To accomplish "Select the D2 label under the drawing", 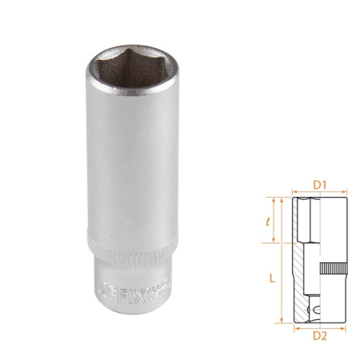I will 319,335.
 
